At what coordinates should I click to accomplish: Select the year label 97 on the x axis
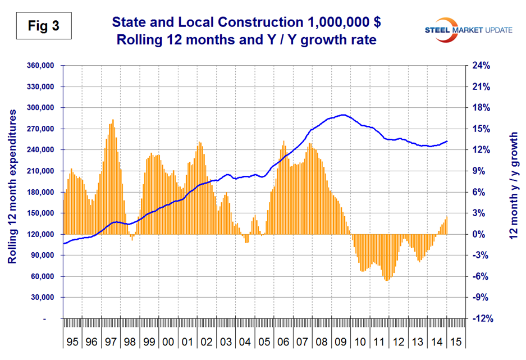pyautogui.click(x=111, y=341)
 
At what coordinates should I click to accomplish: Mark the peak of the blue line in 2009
pyautogui.click(x=343, y=115)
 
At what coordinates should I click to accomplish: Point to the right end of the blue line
pyautogui.click(x=447, y=141)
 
